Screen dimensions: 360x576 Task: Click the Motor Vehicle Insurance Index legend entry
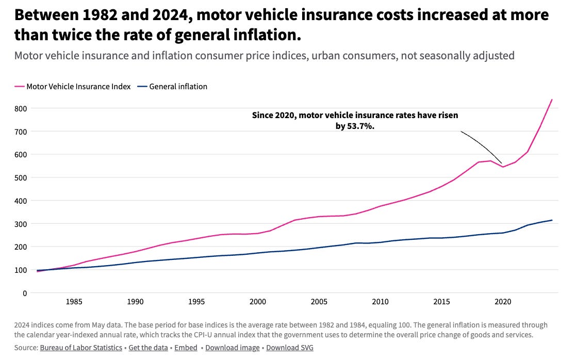[x=77, y=87]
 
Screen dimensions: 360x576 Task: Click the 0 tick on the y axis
[x=24, y=293]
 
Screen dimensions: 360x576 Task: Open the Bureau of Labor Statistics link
[x=81, y=348]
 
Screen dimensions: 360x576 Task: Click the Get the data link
[x=148, y=348]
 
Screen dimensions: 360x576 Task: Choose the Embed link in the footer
[x=186, y=348]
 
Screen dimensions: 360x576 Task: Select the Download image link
[x=232, y=348]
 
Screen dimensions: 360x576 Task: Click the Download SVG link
[x=289, y=348]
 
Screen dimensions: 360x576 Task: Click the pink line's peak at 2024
[x=552, y=100]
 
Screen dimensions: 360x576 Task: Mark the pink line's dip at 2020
[x=503, y=167]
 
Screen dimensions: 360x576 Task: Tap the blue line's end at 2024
[x=552, y=220]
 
